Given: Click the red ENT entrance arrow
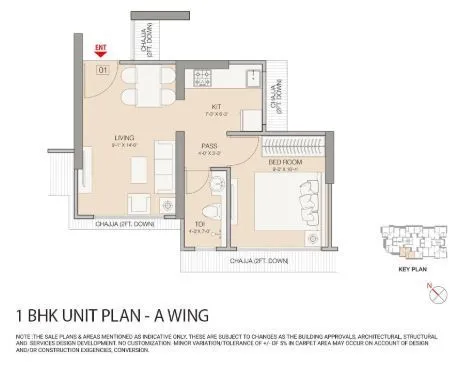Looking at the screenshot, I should point(100,50).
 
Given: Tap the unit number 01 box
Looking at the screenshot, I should point(102,69).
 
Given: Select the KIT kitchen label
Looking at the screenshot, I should point(215,105).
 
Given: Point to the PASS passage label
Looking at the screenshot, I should point(211,145).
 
